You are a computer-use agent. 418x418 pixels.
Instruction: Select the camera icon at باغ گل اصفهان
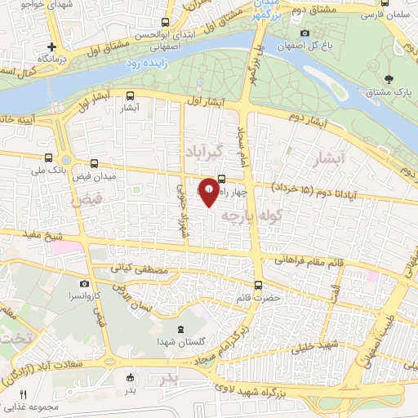(305, 33)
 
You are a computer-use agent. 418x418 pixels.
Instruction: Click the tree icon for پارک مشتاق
(389, 79)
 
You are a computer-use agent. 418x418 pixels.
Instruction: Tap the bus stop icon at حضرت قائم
(259, 285)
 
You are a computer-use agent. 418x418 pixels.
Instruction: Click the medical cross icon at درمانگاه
(52, 47)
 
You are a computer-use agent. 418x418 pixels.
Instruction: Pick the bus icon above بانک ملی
(49, 158)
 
